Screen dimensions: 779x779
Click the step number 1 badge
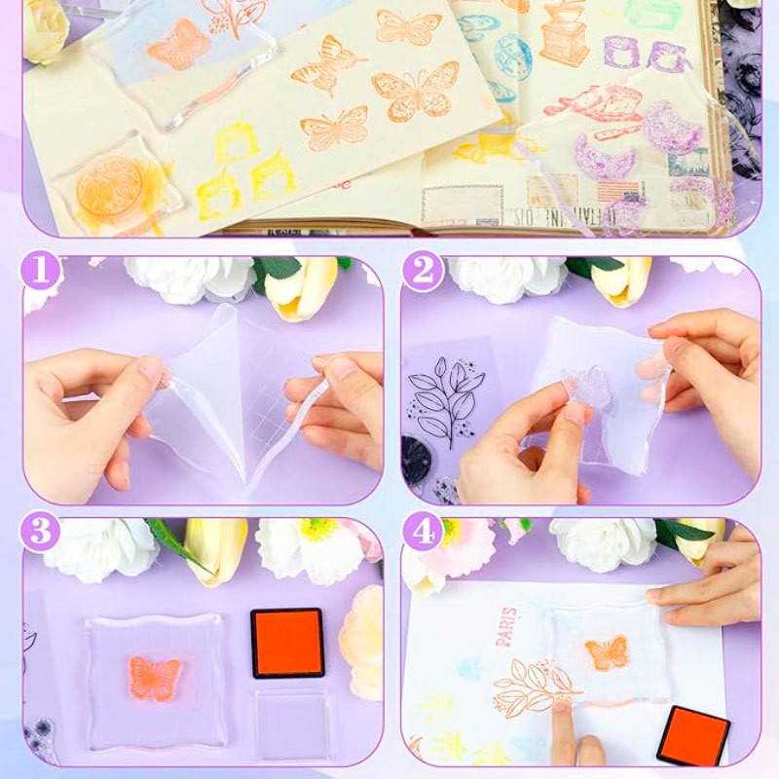pos(41,272)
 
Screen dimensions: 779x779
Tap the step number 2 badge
pos(423,272)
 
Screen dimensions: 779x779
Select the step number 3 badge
pos(41,533)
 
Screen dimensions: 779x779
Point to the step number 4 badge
pos(423,533)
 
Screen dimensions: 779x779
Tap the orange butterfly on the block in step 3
pos(156,678)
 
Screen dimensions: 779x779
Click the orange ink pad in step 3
pos(287,643)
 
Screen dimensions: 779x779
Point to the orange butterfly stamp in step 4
pos(607,652)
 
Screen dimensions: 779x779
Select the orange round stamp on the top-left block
pos(109,183)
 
